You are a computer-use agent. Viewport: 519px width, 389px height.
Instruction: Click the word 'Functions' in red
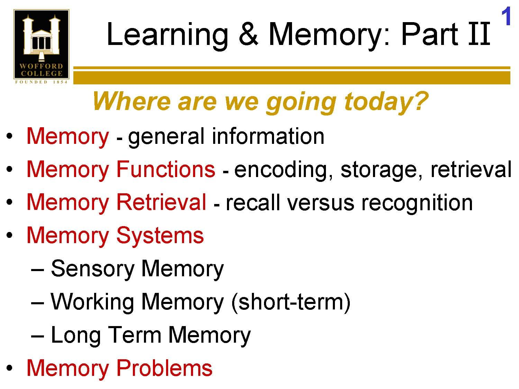pos(165,169)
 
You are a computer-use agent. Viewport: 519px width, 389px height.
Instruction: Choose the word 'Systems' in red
pos(160,235)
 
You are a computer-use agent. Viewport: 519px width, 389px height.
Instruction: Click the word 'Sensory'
pos(92,269)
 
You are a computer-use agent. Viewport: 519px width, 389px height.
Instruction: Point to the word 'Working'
pos(92,302)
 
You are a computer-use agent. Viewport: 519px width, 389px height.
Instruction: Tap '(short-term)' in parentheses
pos(290,302)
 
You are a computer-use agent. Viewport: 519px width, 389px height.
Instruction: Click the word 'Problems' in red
pos(164,368)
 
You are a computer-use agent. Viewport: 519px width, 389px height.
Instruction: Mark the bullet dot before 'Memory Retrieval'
pos(10,203)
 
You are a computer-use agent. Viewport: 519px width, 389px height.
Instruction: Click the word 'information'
pos(268,136)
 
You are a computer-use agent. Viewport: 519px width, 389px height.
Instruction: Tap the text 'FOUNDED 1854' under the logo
pos(41,82)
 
